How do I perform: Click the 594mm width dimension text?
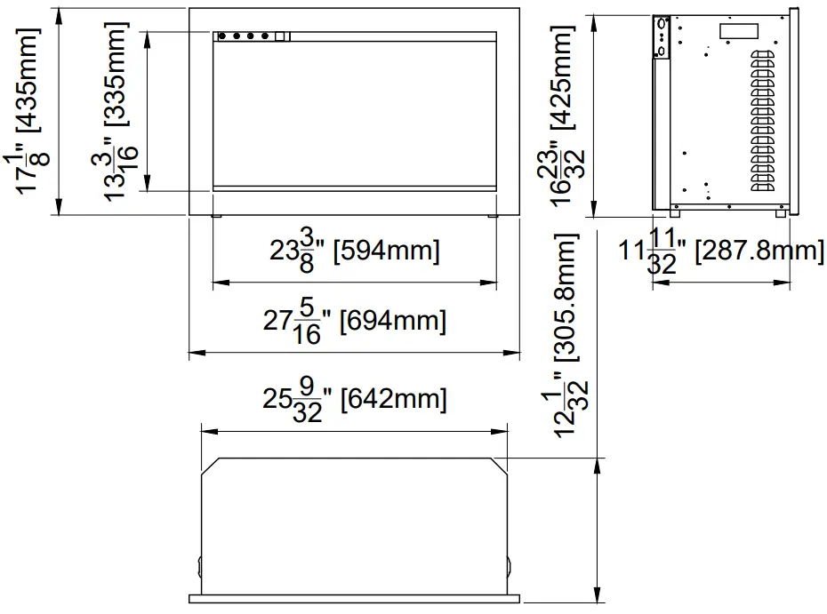[x=355, y=251]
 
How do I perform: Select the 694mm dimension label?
[x=355, y=320]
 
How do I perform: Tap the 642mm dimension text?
[x=355, y=399]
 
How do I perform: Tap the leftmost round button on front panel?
[x=222, y=36]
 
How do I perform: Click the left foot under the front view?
[x=217, y=216]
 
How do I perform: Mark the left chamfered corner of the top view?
[x=211, y=466]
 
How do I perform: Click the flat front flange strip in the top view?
[x=355, y=598]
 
